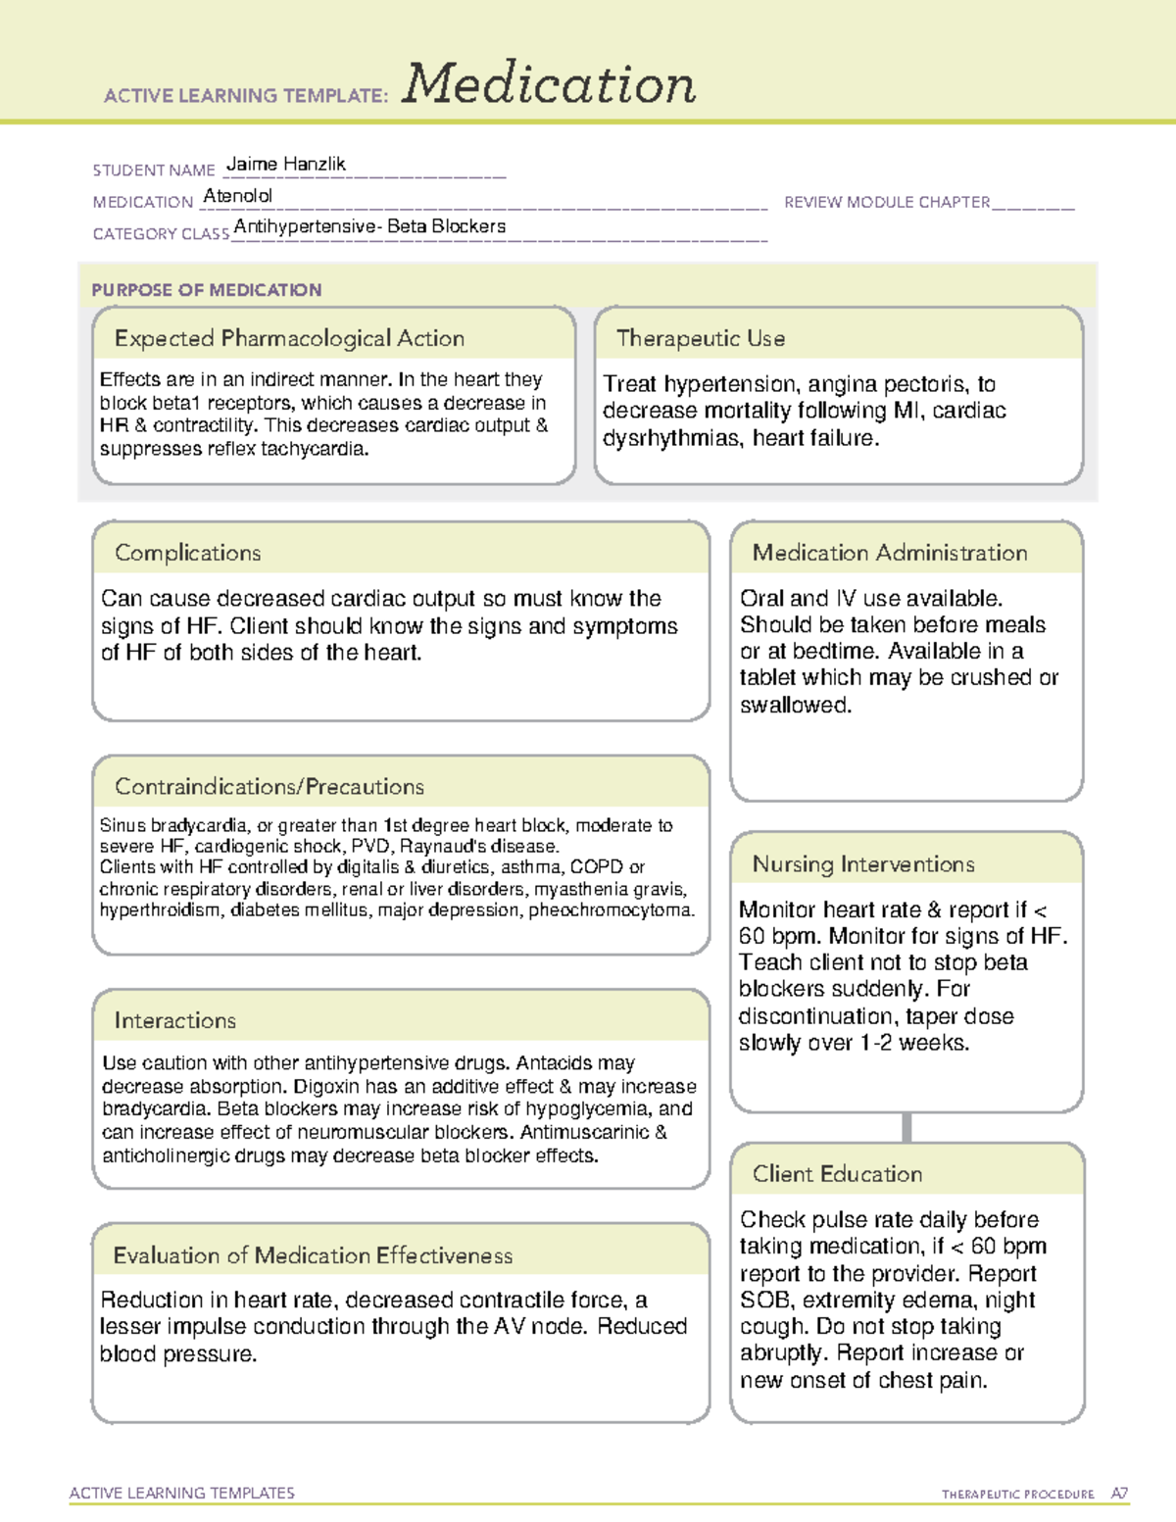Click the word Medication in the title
click(x=549, y=84)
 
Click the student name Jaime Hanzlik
click(x=285, y=164)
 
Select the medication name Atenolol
click(x=237, y=196)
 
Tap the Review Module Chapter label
click(x=887, y=202)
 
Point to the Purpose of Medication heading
click(x=206, y=290)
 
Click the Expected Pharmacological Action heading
click(x=289, y=338)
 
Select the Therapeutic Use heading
click(x=700, y=338)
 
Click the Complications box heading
click(x=187, y=553)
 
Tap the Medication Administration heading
click(x=889, y=553)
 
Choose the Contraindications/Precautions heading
click(x=269, y=787)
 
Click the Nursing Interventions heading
click(x=862, y=864)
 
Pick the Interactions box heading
click(x=174, y=1021)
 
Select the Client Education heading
click(x=837, y=1174)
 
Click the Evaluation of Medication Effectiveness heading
click(x=313, y=1255)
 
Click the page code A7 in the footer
click(x=1118, y=1494)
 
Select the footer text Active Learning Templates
click(x=181, y=1493)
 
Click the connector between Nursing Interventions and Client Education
click(x=906, y=1127)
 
